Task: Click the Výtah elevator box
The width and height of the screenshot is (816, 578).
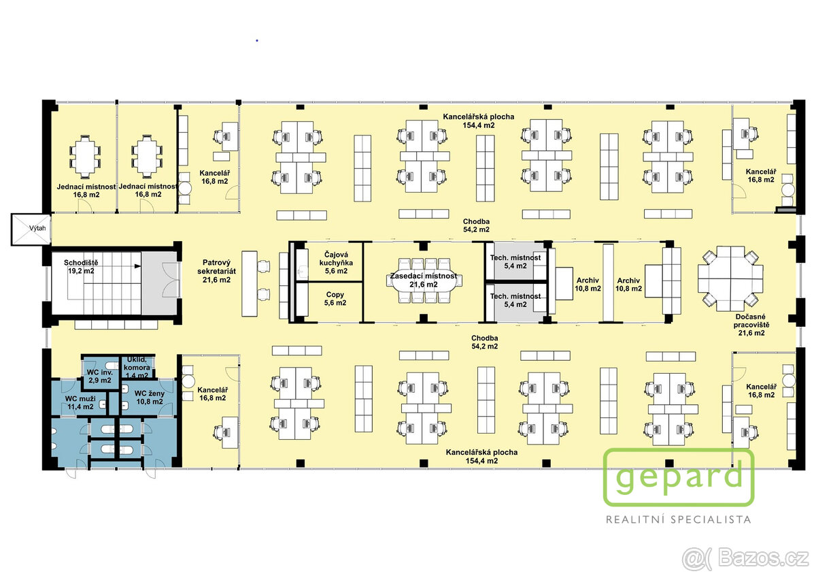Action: click(x=31, y=229)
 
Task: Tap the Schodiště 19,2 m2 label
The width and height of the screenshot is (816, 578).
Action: click(x=81, y=267)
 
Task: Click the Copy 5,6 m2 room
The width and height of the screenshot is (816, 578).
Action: click(x=335, y=302)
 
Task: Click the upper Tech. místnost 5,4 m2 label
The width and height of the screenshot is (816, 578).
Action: click(x=515, y=262)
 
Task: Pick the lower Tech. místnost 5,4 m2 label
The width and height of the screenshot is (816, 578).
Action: click(x=515, y=300)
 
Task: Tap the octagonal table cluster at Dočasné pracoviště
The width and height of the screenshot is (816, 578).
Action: click(x=730, y=278)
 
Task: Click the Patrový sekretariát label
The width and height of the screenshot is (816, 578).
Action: click(x=216, y=271)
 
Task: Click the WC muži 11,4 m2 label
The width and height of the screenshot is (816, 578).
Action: click(x=80, y=402)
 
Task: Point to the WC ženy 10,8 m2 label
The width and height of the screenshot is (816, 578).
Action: click(x=150, y=398)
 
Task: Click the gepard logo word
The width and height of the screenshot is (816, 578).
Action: click(x=679, y=477)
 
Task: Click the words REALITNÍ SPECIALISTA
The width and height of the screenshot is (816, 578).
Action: click(x=679, y=519)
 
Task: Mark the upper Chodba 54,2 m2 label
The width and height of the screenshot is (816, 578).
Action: click(x=476, y=225)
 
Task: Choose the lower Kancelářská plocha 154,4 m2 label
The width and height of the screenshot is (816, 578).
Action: click(x=481, y=457)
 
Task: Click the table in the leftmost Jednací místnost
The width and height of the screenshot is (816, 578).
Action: click(x=85, y=156)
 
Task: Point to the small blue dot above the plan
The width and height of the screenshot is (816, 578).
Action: click(x=257, y=40)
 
